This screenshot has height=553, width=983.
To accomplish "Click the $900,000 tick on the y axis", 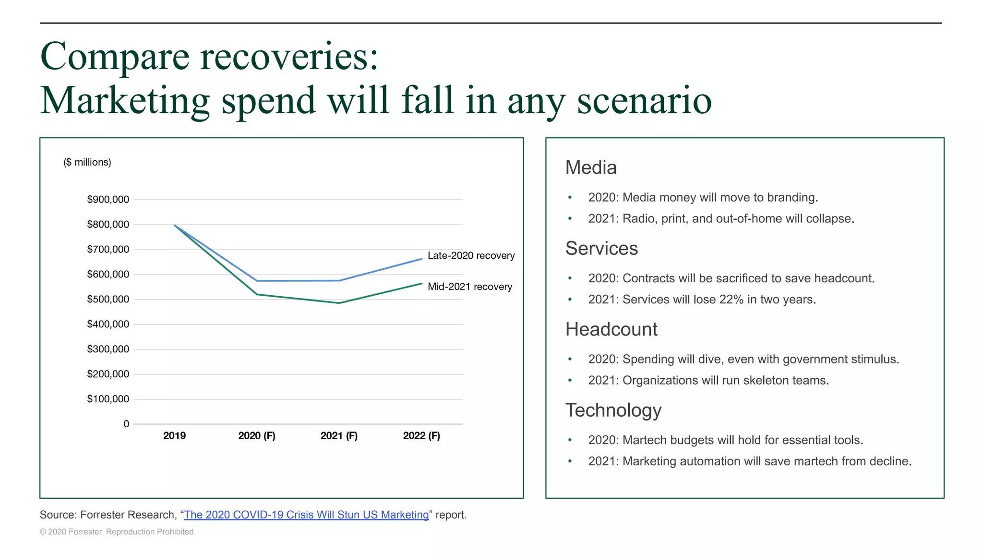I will pyautogui.click(x=108, y=200).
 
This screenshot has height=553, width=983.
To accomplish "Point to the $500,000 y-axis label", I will pyautogui.click(x=108, y=300).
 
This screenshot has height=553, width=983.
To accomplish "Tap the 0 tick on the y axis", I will pyautogui.click(x=126, y=424).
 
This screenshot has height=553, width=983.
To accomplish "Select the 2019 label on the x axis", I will pyautogui.click(x=174, y=436).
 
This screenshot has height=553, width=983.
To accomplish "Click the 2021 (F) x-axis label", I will pyautogui.click(x=339, y=436).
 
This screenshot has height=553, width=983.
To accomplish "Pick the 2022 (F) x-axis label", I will pyautogui.click(x=421, y=436).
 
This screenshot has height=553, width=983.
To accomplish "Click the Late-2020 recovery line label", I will pyautogui.click(x=471, y=256).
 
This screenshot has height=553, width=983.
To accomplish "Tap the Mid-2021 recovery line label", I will pyautogui.click(x=469, y=287).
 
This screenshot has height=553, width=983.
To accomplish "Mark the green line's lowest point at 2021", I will pyautogui.click(x=339, y=303).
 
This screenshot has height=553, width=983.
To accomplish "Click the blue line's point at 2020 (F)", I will pyautogui.click(x=257, y=281).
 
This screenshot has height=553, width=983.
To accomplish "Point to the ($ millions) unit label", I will pyautogui.click(x=87, y=162).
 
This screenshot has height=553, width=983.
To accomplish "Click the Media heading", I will pyautogui.click(x=591, y=168).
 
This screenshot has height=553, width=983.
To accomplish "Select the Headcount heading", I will pyautogui.click(x=611, y=329).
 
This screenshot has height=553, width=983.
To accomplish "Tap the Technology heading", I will pyautogui.click(x=613, y=410).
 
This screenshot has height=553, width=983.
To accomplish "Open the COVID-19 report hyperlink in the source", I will pyautogui.click(x=306, y=515).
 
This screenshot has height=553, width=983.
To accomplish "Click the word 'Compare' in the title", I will pyautogui.click(x=115, y=57).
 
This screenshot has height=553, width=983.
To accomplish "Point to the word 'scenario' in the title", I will pyautogui.click(x=644, y=101).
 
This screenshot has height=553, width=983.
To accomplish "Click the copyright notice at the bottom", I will pyautogui.click(x=118, y=532).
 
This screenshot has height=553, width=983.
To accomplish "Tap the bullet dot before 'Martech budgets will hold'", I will pyautogui.click(x=570, y=440).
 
